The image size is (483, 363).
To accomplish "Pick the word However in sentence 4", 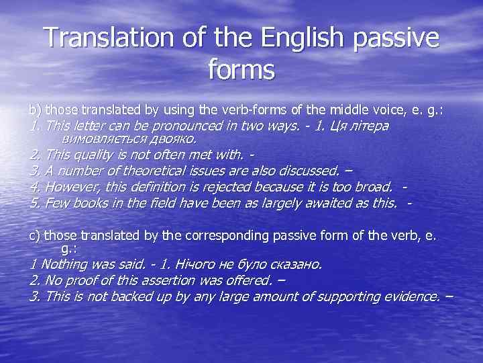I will (68, 188).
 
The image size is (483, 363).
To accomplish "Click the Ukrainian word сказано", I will (294, 265).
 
